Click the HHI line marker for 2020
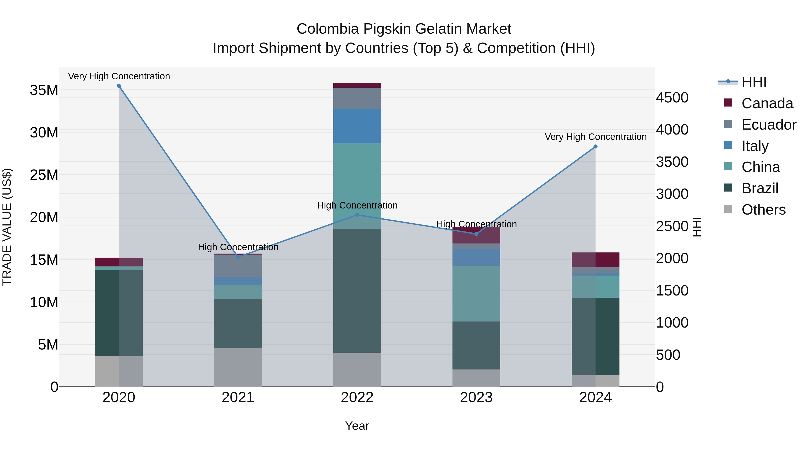point(119,86)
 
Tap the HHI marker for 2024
point(595,147)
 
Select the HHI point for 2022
point(357,215)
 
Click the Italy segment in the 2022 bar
point(357,126)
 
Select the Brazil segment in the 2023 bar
point(476,345)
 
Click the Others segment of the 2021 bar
point(238,367)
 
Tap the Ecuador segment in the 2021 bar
point(238,266)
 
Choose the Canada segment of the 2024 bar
point(595,260)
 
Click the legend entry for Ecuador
point(768,125)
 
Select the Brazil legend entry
point(760,188)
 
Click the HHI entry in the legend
point(754,82)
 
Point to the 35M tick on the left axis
point(44,90)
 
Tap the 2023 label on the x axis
point(476,398)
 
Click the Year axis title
point(357,426)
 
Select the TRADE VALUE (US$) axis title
point(7,227)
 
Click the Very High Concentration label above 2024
point(595,137)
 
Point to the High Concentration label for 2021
point(238,247)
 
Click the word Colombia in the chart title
point(327,29)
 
